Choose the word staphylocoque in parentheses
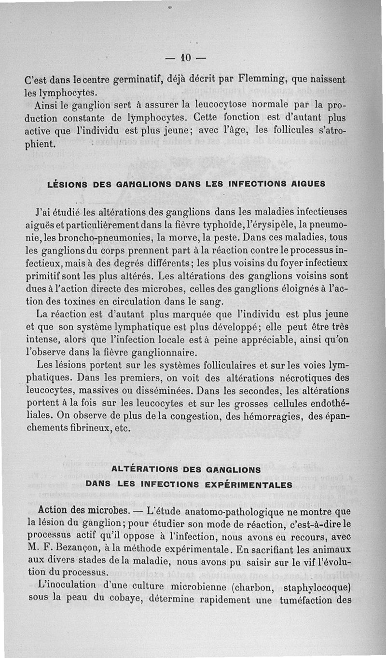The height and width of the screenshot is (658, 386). [318, 588]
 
